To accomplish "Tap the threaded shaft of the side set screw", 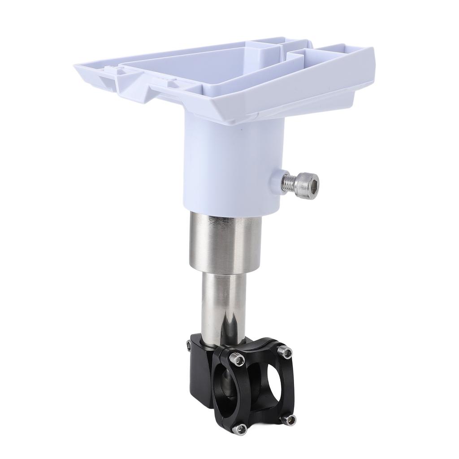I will (x=290, y=182).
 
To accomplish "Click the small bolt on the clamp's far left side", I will (x=189, y=345).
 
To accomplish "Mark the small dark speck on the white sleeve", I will (x=241, y=130).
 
